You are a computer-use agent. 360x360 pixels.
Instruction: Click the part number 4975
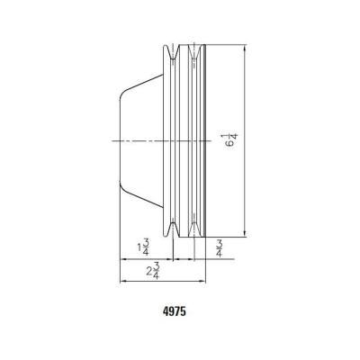(175, 311)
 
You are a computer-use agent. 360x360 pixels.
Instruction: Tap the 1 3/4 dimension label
(143, 247)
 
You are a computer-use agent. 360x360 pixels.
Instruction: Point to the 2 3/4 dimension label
(153, 271)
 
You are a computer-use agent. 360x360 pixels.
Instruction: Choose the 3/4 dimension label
(220, 247)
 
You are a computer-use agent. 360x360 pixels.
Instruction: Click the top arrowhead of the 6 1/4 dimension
(245, 48)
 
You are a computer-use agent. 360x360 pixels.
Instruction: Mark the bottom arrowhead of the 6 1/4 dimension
(245, 234)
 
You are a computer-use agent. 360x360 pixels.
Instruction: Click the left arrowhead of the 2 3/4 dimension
(123, 281)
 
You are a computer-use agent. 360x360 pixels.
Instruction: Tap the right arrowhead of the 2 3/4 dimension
(202, 281)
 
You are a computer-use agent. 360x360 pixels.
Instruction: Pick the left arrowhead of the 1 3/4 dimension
(123, 258)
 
